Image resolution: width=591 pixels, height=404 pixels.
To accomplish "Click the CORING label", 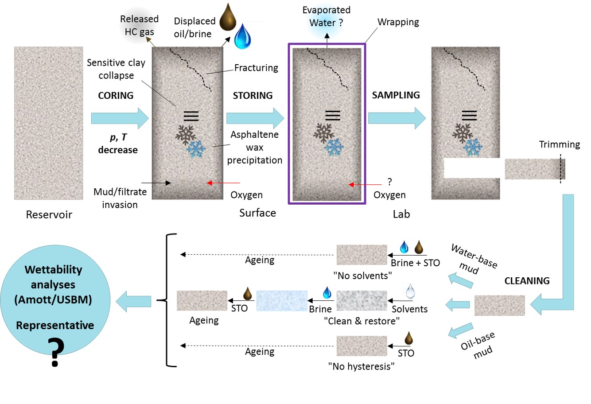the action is tap(116, 95).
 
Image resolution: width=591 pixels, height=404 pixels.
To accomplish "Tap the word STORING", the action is tap(253, 95).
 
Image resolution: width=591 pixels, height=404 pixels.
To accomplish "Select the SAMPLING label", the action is tap(396, 95).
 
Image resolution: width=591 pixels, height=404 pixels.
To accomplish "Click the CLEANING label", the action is tap(527, 281).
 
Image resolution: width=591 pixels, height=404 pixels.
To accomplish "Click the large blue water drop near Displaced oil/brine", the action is tap(242, 36).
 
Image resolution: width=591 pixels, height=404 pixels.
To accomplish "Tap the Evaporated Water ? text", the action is tap(327, 16).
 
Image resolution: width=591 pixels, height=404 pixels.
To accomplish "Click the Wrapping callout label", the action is tap(398, 22).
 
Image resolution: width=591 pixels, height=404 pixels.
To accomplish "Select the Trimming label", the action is tap(560, 144).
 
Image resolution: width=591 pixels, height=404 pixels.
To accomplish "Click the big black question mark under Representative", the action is tap(55, 352).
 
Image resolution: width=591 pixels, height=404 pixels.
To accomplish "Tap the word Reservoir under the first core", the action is tap(49, 214).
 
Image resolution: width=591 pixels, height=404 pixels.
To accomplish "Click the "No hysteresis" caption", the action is tap(361, 366).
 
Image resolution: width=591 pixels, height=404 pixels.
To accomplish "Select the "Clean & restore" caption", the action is tap(362, 321).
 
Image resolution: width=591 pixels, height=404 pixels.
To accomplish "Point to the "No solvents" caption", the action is tap(362, 276).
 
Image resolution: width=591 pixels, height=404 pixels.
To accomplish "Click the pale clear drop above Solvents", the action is tap(410, 291).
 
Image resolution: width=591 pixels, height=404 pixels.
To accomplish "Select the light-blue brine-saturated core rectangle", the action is tap(282, 301).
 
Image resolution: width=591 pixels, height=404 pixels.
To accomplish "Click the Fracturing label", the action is tap(256, 68).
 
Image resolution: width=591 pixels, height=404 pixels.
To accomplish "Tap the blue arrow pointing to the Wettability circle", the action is tap(133, 301).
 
